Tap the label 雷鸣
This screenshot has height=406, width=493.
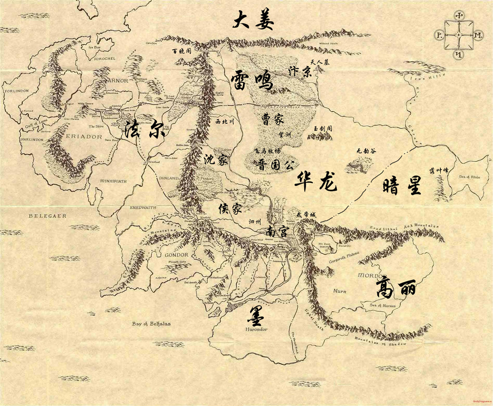252,81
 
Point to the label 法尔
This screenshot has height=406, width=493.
145,129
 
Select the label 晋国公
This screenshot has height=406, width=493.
276,165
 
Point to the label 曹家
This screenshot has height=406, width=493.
272,120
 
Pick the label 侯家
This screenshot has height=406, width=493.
230,208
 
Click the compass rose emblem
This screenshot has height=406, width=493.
459,35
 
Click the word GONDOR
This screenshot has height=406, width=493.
177,254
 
